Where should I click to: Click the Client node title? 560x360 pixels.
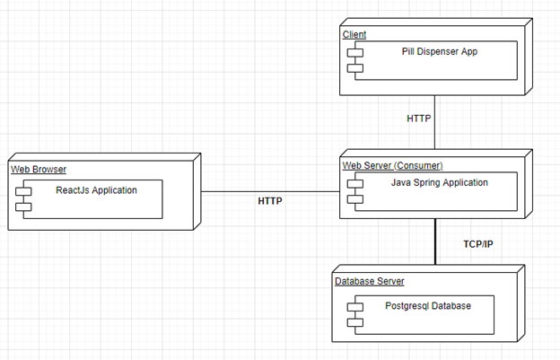click(354, 34)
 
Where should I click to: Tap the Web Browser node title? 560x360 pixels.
click(39, 169)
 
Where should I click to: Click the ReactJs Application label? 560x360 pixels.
click(97, 189)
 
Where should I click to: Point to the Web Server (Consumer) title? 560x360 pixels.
click(392, 165)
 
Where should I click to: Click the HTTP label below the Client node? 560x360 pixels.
click(418, 119)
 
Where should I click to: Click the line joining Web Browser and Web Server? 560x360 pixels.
click(269, 191)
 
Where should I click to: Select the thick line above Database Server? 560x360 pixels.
click(435, 242)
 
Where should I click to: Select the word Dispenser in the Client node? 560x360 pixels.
click(441, 52)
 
